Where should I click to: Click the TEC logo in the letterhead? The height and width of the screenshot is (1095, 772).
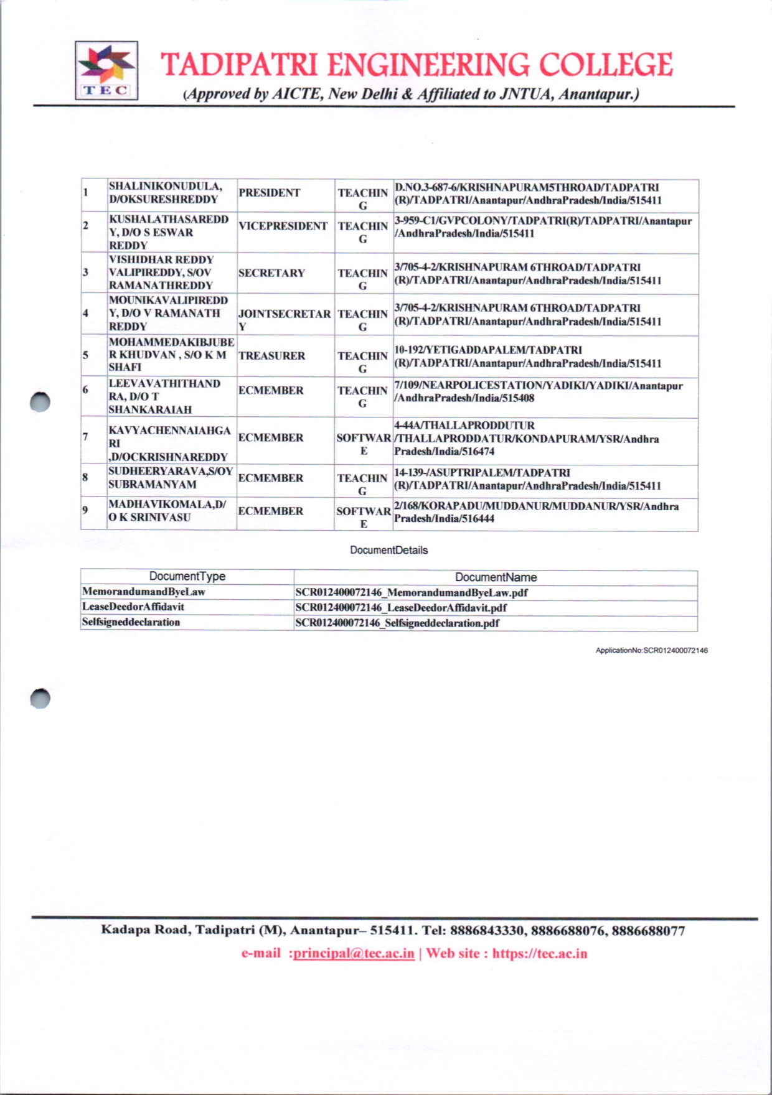[106, 70]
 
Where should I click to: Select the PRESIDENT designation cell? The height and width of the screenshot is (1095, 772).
[269, 193]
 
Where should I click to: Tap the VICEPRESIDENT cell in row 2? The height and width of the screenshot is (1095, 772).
[283, 226]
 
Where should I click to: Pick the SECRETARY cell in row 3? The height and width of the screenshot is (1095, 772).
[271, 273]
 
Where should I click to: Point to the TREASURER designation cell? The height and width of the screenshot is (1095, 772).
[271, 356]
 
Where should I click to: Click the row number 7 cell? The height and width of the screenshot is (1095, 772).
[86, 436]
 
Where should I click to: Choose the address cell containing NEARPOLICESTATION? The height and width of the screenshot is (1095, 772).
[539, 392]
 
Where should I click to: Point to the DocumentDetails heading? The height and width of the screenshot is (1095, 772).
[388, 550]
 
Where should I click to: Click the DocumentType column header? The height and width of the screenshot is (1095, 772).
[187, 577]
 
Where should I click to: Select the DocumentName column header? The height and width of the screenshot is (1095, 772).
[496, 577]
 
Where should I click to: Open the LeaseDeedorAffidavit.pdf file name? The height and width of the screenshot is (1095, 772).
[401, 608]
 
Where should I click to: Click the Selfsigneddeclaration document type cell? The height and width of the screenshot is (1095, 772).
[131, 622]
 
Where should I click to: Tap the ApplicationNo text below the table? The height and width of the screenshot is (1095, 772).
[651, 650]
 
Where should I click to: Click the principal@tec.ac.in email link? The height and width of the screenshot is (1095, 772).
[354, 954]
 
